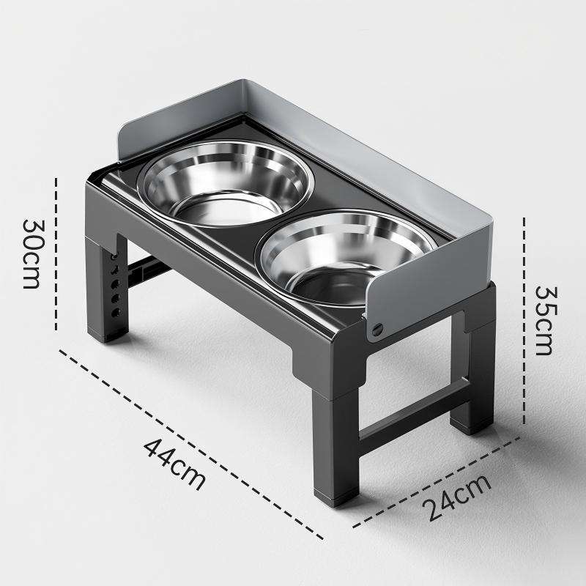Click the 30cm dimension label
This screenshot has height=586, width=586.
coord(31,253)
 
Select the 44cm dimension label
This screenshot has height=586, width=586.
coord(174,463)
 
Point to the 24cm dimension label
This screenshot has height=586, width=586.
coord(458,497)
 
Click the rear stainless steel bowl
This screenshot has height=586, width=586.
coord(225,183)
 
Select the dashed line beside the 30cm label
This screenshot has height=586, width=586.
coord(56,253)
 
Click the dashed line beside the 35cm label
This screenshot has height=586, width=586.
coord(524,320)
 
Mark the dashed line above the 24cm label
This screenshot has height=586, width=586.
coord(439,480)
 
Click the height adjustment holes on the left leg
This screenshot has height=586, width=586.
coord(115,286)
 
